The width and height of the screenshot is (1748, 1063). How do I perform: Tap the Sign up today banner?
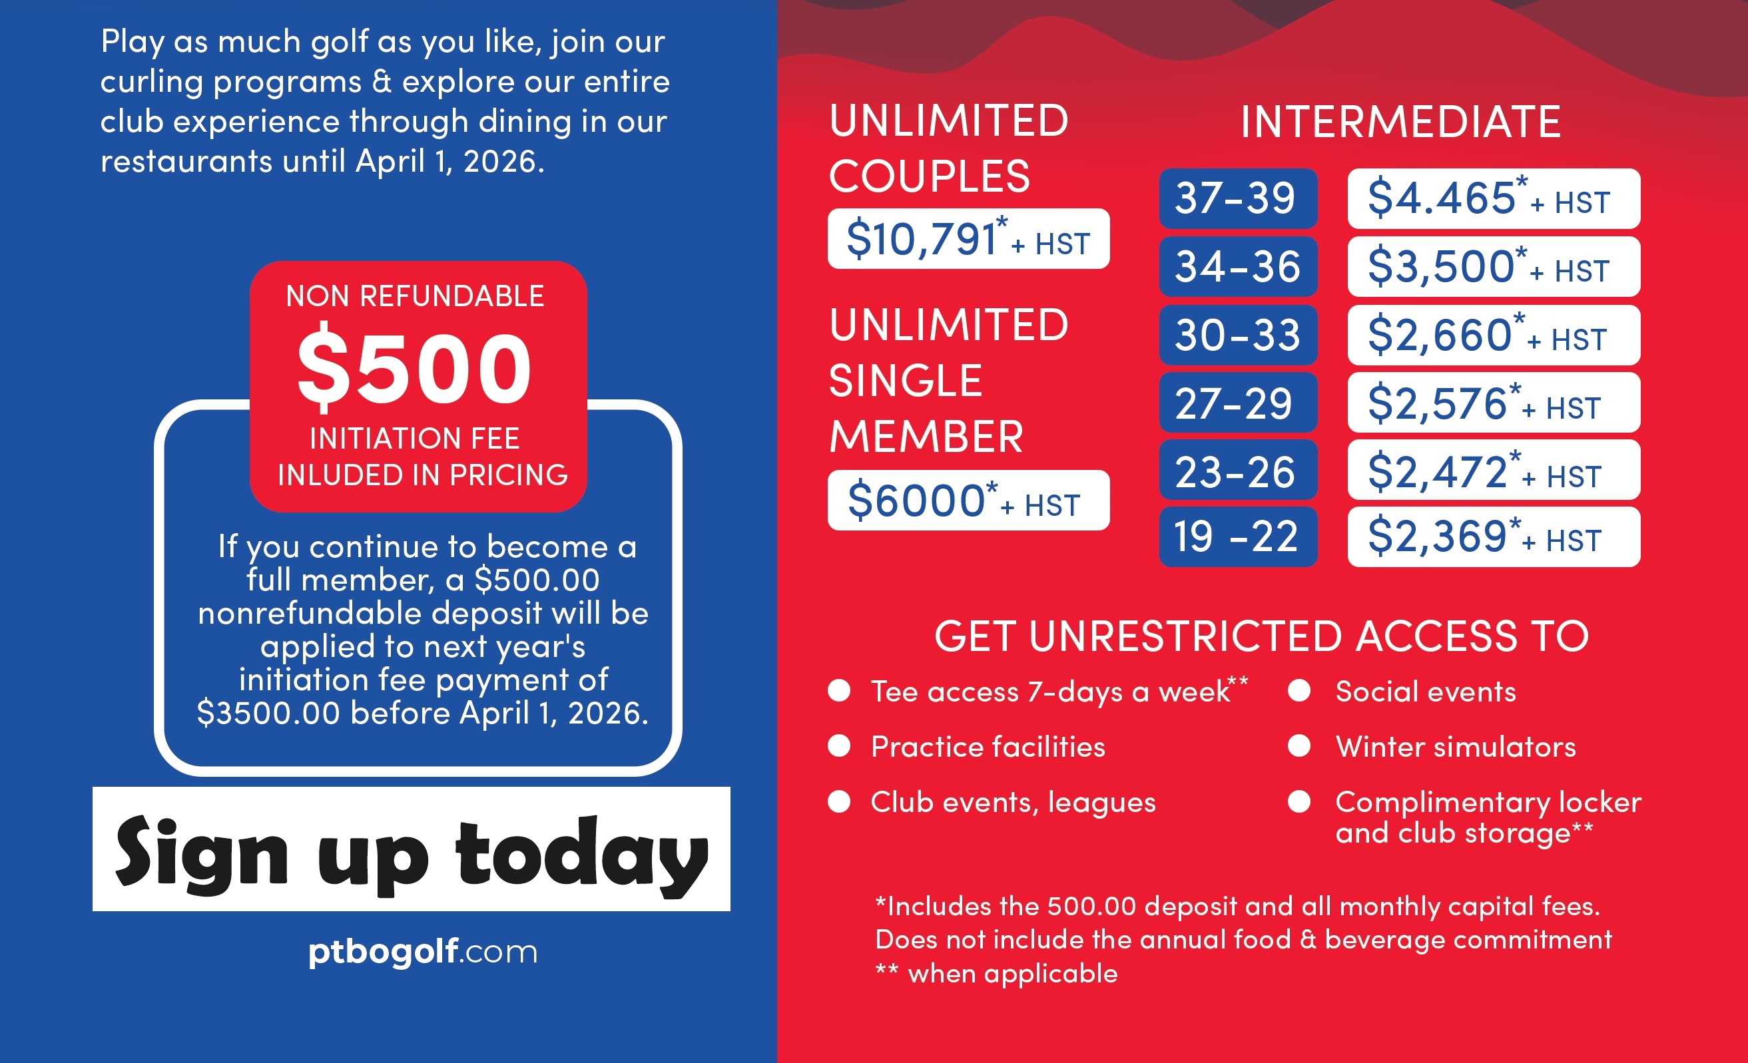412,849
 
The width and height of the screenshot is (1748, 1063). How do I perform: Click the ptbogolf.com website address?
423,952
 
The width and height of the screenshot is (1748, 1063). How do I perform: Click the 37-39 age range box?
1239,198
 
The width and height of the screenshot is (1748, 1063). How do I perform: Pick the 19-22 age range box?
1239,536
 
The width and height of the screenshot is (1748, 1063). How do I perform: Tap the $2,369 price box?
1494,536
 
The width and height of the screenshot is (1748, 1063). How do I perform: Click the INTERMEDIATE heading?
1400,121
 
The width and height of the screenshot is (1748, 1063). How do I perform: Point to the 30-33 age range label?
1239,335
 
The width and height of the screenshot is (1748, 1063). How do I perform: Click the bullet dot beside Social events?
1299,691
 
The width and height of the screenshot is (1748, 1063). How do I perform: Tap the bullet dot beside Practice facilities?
839,746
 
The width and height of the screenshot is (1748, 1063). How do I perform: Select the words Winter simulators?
1456,747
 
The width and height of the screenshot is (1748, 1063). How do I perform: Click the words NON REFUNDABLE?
415,296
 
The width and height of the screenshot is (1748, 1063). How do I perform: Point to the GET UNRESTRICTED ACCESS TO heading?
1261,636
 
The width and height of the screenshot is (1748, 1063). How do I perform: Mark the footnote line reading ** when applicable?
997,973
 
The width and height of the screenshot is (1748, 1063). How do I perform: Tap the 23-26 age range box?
1239,470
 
